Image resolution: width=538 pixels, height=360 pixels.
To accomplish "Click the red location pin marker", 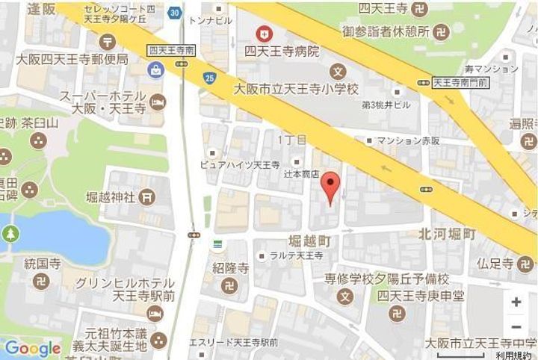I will pyautogui.click(x=330, y=186).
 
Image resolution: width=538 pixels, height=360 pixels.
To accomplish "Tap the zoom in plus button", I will pyautogui.click(x=516, y=302).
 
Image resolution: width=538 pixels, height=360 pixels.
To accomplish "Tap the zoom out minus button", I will pyautogui.click(x=516, y=327).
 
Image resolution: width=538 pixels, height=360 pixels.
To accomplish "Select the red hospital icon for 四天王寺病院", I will pyautogui.click(x=262, y=33).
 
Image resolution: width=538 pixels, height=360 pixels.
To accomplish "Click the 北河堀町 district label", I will pyautogui.click(x=447, y=235).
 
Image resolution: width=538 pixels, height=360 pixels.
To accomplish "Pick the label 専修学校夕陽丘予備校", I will pyautogui.click(x=386, y=279).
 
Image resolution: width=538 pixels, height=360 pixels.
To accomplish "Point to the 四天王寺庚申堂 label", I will pyautogui.click(x=420, y=296).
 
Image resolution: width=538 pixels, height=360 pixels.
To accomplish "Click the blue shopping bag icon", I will pyautogui.click(x=157, y=71).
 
